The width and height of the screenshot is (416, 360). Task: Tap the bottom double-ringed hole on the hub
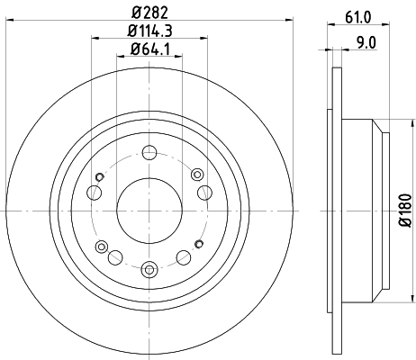click(149, 267)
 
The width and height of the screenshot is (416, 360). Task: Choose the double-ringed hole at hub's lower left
click(101, 246)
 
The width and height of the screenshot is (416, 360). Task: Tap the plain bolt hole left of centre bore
click(94, 191)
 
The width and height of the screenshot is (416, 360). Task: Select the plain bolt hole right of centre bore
click(204, 190)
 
